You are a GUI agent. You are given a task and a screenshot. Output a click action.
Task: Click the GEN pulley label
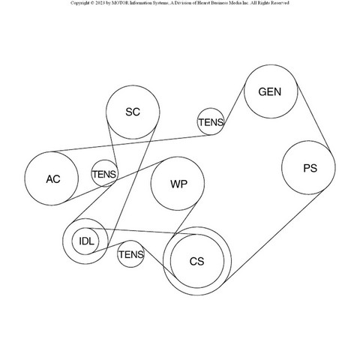[x=270, y=91]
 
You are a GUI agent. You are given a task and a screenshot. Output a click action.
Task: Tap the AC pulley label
[x=53, y=179]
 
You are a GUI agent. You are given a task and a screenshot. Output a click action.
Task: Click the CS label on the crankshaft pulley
[x=197, y=261]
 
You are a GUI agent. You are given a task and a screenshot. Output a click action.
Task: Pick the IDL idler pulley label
[x=86, y=241]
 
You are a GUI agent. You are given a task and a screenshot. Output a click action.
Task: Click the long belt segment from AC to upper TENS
[x=130, y=143]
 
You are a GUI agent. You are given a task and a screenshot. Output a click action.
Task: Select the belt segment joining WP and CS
[x=185, y=219]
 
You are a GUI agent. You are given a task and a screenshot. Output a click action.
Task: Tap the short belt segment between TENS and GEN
[x=234, y=106]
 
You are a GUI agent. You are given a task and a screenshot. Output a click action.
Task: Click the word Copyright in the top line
[x=79, y=3]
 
